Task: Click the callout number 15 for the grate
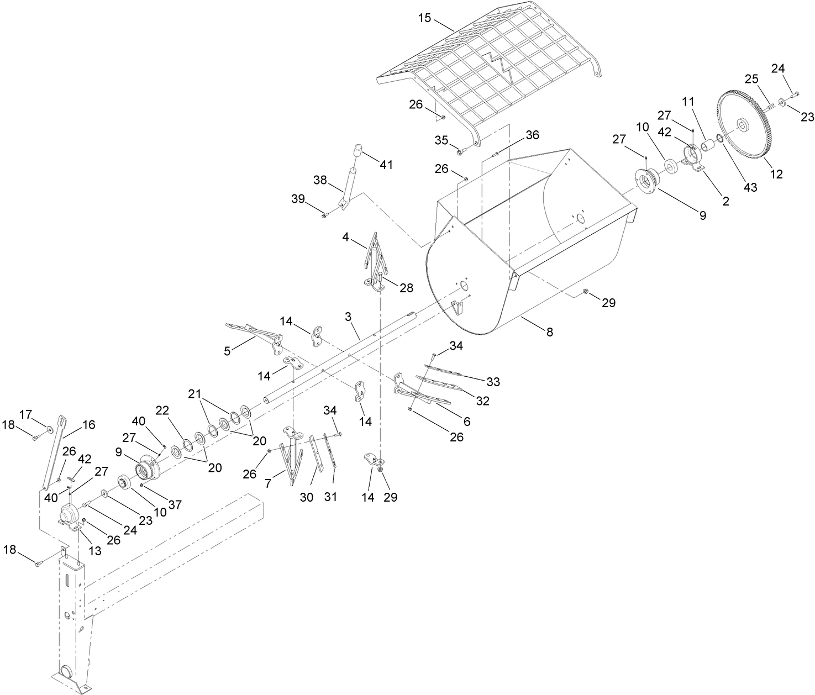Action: click(424, 18)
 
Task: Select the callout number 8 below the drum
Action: click(549, 332)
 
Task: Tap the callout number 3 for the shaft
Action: click(348, 317)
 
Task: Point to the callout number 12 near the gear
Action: click(776, 174)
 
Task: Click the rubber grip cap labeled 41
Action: click(357, 150)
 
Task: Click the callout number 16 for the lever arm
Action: click(88, 425)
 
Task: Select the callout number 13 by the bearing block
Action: click(95, 550)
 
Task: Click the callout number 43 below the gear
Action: click(750, 187)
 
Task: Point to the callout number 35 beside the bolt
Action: click(441, 140)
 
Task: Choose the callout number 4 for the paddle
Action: click(345, 237)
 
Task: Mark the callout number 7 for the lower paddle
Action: click(269, 483)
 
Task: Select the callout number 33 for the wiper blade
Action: click(493, 382)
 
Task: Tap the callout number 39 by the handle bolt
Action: click(299, 199)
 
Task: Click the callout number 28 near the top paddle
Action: click(406, 288)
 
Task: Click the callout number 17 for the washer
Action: click(26, 414)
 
